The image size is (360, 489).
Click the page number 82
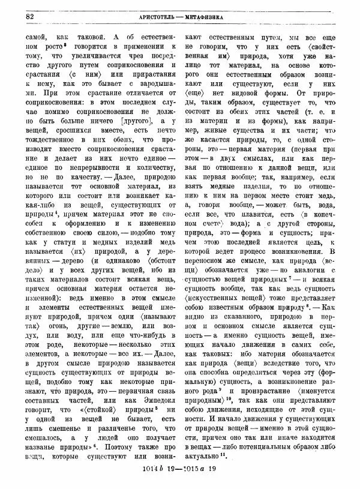(29, 16)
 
